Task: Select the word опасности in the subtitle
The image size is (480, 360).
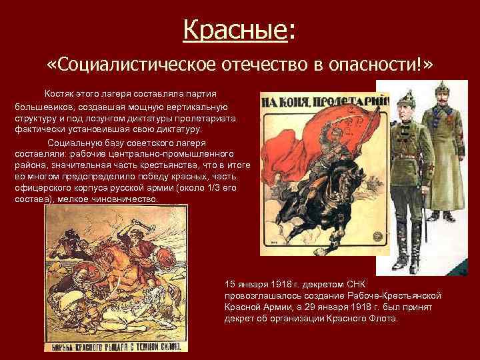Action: point(375,65)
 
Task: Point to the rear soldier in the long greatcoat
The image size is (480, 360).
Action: point(442,153)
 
